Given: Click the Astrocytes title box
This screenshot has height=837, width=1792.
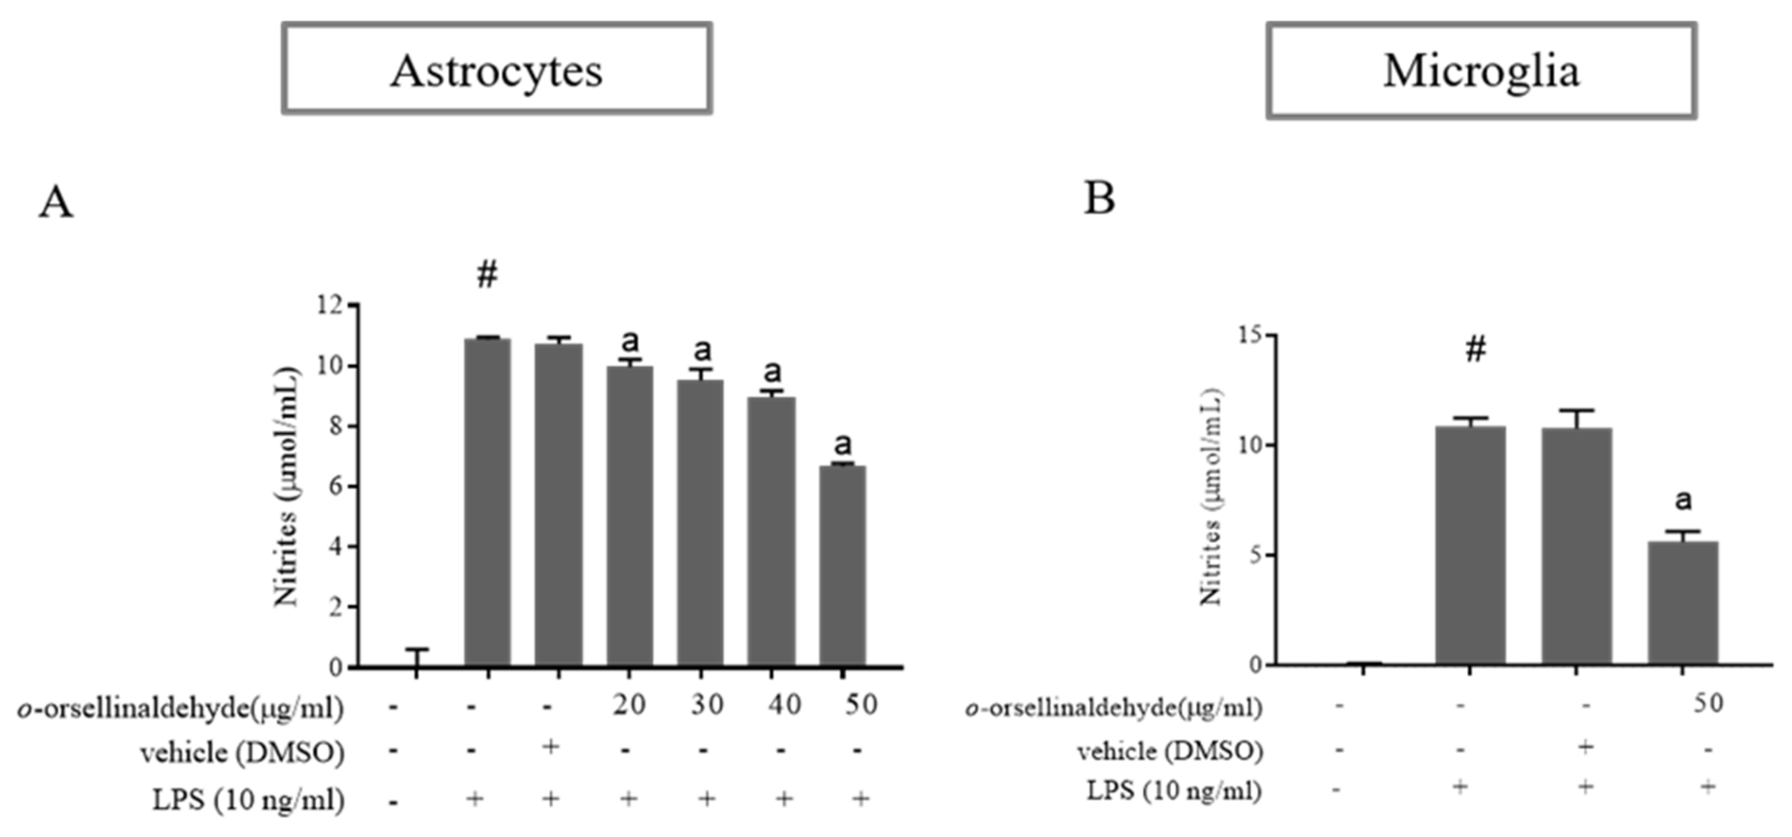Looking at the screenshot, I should coord(496,68).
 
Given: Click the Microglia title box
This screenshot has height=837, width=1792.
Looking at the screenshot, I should coord(1480,70).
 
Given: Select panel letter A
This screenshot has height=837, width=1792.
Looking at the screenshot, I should coord(56,202).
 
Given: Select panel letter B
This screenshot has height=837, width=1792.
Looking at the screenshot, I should coord(1099,199).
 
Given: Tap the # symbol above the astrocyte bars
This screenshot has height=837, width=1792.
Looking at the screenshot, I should coord(487,275).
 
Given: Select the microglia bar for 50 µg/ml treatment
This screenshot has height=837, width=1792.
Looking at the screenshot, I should coord(1682,603).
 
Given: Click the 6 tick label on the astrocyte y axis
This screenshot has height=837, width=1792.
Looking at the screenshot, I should coord(335,486).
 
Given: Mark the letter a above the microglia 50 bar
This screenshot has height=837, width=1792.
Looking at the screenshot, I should coord(1683,500).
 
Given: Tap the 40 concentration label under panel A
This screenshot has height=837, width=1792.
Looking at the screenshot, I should coord(784,705).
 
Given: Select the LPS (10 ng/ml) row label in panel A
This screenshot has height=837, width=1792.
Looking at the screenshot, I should coord(249,799).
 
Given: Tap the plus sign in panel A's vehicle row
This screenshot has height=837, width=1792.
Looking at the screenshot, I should coord(550,747).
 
